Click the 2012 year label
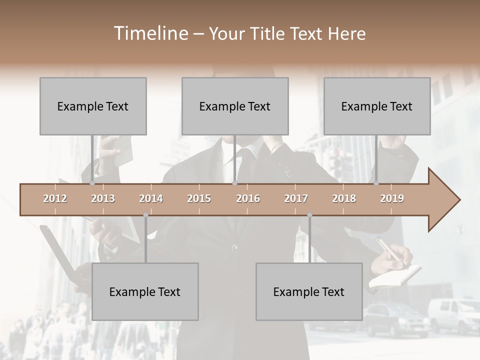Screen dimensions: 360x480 55,198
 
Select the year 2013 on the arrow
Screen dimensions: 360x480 103,198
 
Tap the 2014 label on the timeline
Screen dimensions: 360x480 151,198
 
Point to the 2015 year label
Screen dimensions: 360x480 199,198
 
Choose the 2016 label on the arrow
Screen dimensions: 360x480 248,198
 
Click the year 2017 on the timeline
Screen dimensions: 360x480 296,198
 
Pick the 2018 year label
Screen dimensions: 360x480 344,198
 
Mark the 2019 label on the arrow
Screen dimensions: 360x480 392,198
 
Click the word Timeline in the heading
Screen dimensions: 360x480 150,33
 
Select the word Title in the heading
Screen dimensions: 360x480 268,34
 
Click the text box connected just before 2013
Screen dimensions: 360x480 93,106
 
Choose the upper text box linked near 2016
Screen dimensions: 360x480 235,106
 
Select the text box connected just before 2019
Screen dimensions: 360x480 377,106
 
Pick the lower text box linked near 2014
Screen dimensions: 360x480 145,291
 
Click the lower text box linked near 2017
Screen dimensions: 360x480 309,291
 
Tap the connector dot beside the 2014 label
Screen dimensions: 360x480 145,215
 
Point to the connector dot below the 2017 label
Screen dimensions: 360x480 309,215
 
